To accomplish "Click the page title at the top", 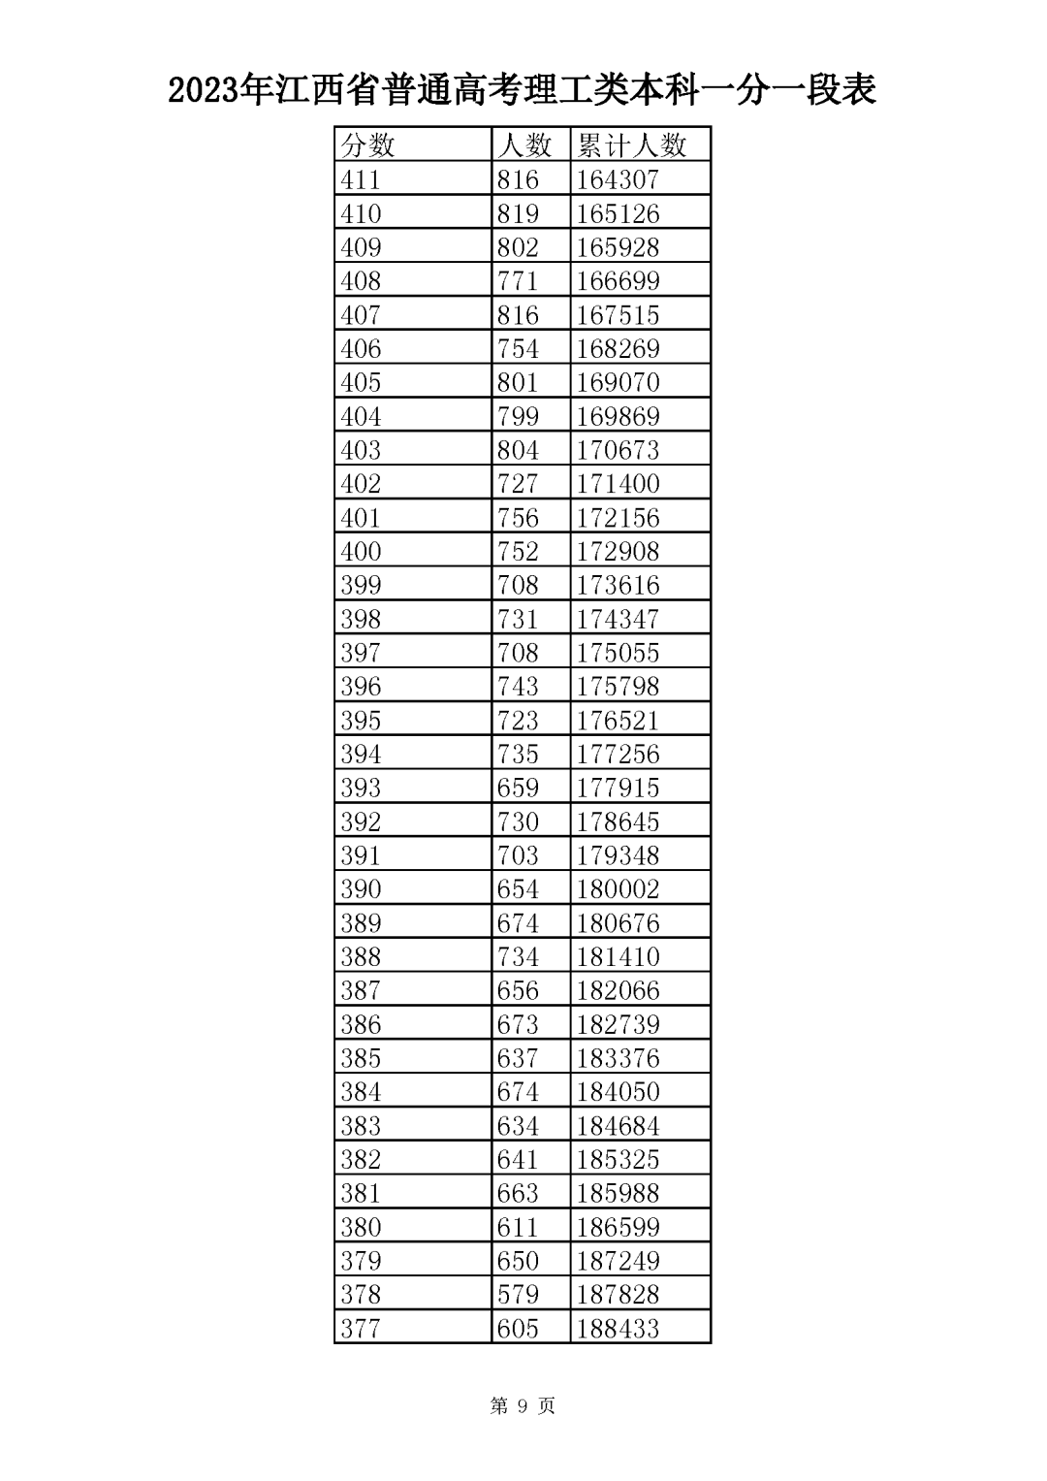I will point(523,90).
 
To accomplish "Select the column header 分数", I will point(367,145).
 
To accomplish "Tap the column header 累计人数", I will point(631,145).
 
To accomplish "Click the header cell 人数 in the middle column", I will point(523,145).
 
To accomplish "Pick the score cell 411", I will point(361,179).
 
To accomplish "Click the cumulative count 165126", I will point(618,213).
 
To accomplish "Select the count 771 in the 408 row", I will point(518,281).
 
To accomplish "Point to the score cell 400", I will point(361,551).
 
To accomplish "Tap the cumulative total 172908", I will point(618,551).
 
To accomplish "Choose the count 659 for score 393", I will point(518,788).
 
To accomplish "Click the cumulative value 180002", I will point(618,888).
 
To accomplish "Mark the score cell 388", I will point(361,956).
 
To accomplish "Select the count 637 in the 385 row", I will point(518,1058).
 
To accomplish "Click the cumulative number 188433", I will point(618,1328).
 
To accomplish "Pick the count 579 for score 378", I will point(518,1294).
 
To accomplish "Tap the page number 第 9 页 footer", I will point(523,1406).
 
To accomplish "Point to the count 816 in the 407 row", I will point(518,315).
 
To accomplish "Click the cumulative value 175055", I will point(618,653).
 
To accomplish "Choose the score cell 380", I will point(361,1227).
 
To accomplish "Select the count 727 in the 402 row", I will point(518,483).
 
